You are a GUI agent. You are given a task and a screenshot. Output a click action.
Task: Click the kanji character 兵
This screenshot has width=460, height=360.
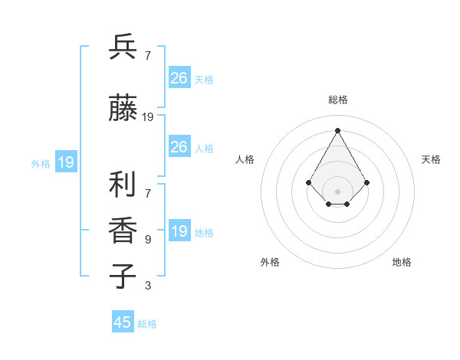[123, 47]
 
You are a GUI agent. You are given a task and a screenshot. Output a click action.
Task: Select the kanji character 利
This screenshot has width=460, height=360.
[123, 185]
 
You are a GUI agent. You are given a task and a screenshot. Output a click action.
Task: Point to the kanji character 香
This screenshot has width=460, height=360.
[123, 231]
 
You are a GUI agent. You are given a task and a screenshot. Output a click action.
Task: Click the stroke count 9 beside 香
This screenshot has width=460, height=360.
[148, 240]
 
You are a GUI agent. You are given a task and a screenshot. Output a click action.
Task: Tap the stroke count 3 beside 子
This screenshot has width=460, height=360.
[148, 286]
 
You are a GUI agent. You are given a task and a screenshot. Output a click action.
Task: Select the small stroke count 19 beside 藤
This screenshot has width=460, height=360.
[148, 117]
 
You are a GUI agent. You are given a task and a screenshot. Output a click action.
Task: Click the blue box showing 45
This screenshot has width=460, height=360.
[123, 322]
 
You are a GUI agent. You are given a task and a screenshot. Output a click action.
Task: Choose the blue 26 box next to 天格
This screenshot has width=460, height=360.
[179, 78]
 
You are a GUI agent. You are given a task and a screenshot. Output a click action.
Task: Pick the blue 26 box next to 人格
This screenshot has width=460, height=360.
[179, 147]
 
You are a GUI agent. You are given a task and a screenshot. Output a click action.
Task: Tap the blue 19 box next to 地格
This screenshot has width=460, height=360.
[179, 231]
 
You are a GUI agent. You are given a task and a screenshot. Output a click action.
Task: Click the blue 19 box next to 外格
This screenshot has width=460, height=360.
[65, 162]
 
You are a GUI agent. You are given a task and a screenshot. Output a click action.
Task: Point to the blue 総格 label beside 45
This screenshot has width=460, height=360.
[147, 324]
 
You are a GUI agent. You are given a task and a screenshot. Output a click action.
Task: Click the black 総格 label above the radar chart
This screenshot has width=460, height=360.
[337, 100]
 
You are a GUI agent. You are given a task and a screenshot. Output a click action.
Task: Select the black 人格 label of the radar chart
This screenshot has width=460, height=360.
[245, 159]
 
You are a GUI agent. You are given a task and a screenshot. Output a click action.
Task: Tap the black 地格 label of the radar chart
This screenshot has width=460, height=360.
[402, 262]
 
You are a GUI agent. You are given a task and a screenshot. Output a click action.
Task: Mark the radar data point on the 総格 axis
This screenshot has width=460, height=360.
[337, 129]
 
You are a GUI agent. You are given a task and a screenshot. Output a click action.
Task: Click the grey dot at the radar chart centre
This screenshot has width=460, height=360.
[337, 191]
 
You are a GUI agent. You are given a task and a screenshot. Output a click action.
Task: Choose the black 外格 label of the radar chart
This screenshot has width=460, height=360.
[270, 262]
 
